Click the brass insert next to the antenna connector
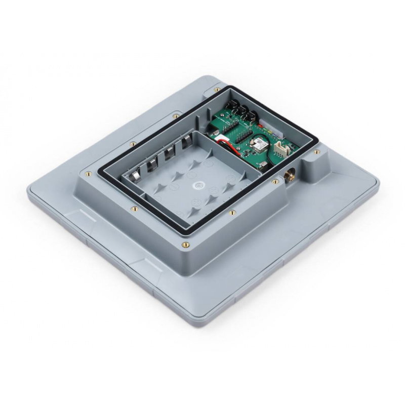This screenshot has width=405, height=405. [275, 181]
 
